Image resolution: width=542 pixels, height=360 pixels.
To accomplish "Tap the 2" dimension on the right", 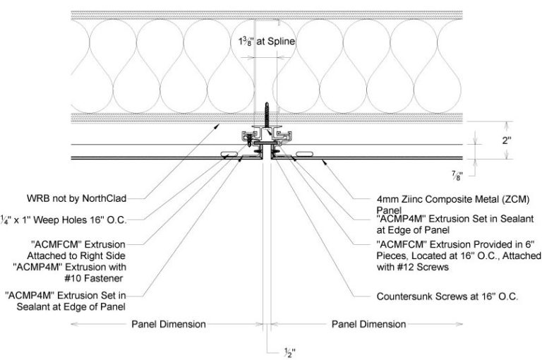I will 505,140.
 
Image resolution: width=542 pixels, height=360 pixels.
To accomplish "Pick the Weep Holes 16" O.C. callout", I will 65,220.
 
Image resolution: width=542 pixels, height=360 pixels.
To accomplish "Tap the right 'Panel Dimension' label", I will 369,325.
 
